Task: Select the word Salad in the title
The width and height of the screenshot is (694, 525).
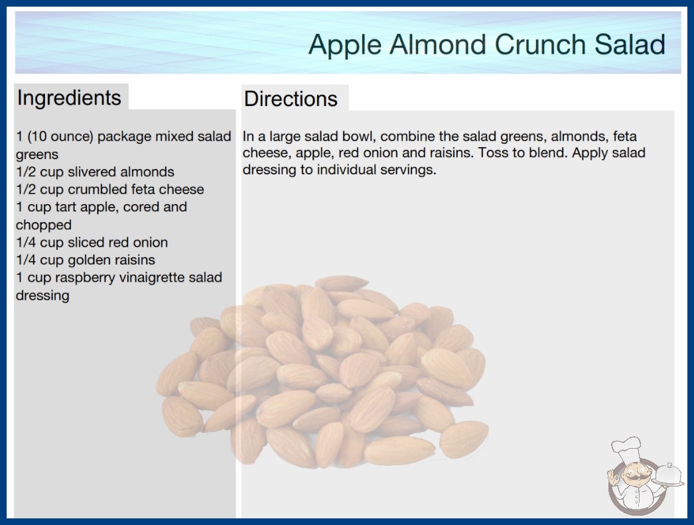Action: coord(630,44)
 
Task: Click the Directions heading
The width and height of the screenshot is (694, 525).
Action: coord(291,99)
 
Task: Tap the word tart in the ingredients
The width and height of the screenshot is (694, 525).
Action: coord(65,207)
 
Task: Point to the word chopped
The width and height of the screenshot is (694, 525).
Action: coord(43,225)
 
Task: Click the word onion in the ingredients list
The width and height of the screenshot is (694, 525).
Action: coord(150,243)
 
